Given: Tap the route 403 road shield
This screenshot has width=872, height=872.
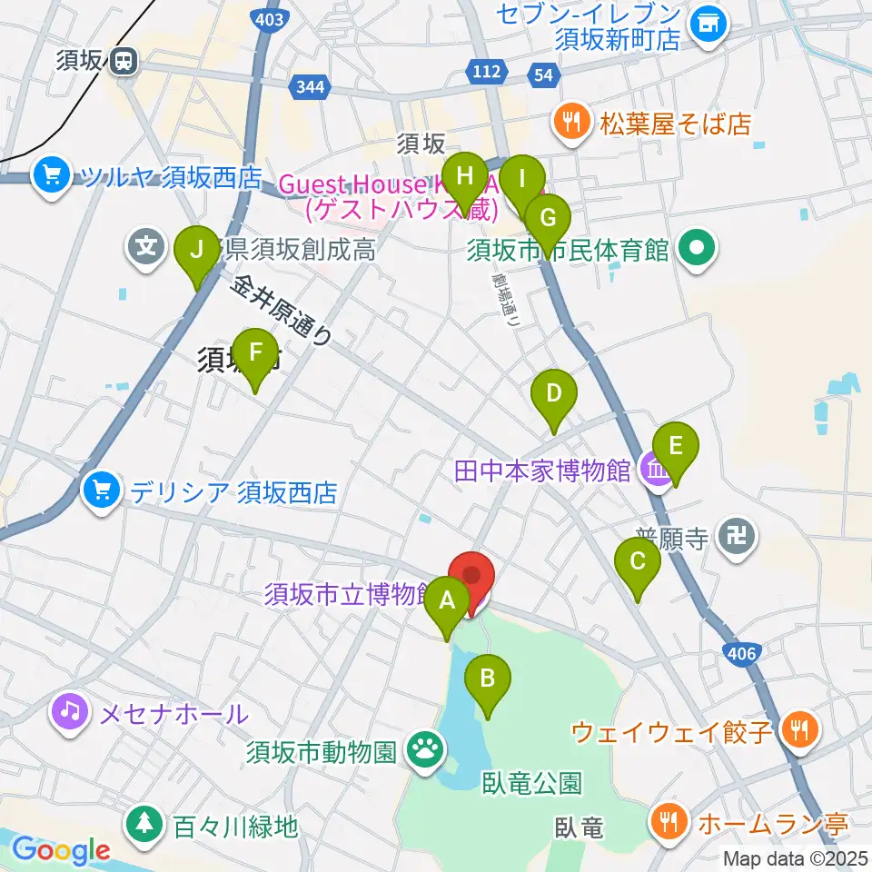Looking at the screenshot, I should [x=269, y=18].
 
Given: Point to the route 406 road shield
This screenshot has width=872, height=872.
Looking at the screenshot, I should [x=743, y=651].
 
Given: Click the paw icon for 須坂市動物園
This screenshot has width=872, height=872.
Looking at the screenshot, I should [x=423, y=751].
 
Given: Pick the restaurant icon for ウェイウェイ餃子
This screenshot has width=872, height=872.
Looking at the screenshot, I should [x=800, y=729].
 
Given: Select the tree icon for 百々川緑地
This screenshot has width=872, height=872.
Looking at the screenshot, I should [x=144, y=826].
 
